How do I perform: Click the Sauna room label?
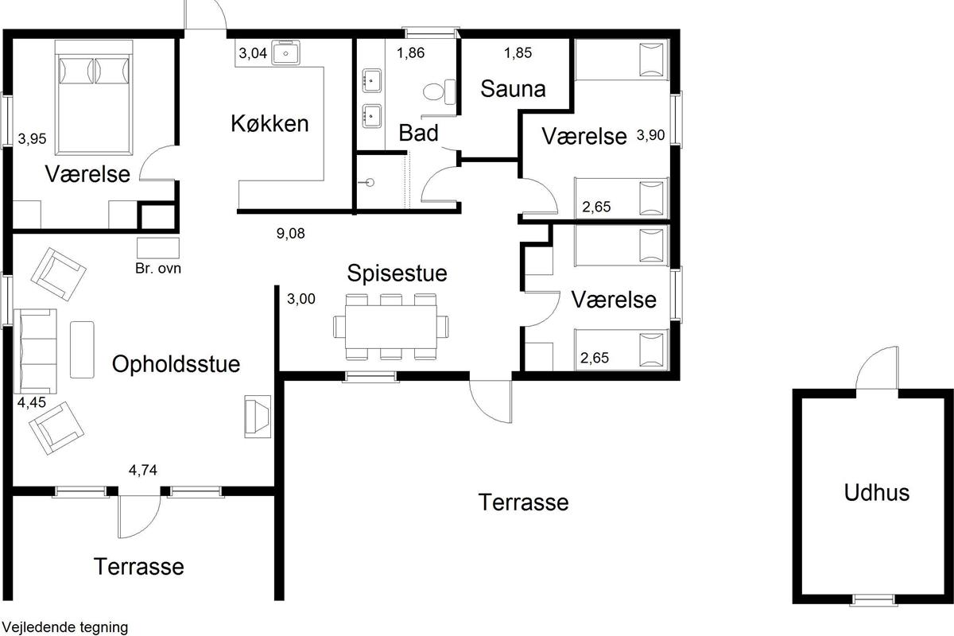click(513, 89)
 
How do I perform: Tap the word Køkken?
click(270, 123)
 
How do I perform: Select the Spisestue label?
click(397, 273)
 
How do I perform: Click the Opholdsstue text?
click(176, 364)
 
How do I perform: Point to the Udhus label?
click(876, 492)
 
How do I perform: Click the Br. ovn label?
click(158, 269)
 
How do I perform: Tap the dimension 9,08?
click(290, 234)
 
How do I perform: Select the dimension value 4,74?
click(142, 470)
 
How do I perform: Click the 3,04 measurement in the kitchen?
click(253, 53)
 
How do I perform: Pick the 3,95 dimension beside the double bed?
click(32, 139)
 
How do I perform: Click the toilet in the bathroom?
click(439, 91)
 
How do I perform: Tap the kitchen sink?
click(285, 52)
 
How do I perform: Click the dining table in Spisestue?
click(391, 327)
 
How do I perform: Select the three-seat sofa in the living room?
click(35, 351)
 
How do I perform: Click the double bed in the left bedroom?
click(94, 98)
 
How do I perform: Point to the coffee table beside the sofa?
click(82, 350)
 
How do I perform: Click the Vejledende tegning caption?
click(64, 627)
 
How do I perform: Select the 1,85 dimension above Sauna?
click(518, 52)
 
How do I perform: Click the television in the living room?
click(258, 417)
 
